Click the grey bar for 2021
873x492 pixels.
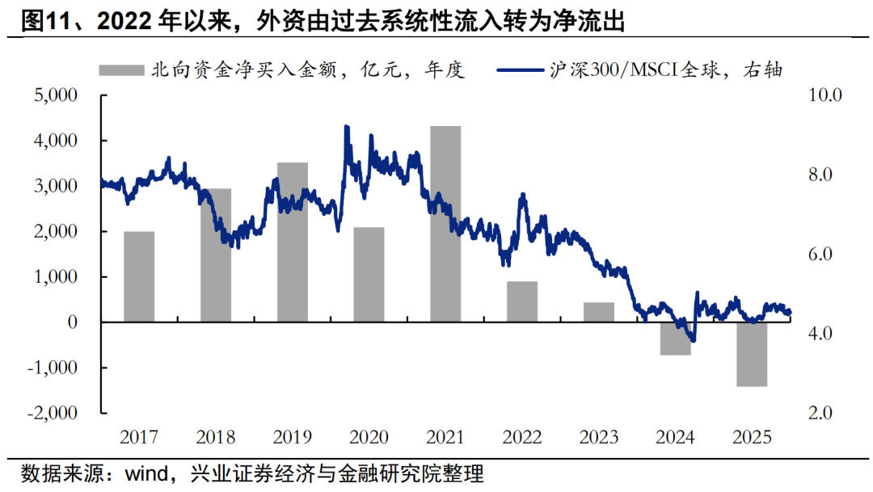(445, 224)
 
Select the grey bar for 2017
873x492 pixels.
(139, 276)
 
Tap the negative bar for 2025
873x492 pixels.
(752, 354)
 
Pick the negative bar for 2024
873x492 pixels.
(675, 339)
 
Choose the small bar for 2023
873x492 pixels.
(599, 313)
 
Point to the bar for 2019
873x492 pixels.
(292, 242)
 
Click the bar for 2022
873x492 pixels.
(522, 302)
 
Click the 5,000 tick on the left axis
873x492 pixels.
(55, 95)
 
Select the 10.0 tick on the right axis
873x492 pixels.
(825, 95)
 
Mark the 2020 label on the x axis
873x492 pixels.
(369, 438)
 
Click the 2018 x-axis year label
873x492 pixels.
(216, 438)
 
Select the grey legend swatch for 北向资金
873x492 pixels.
(120, 70)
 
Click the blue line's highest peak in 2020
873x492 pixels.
(347, 127)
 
